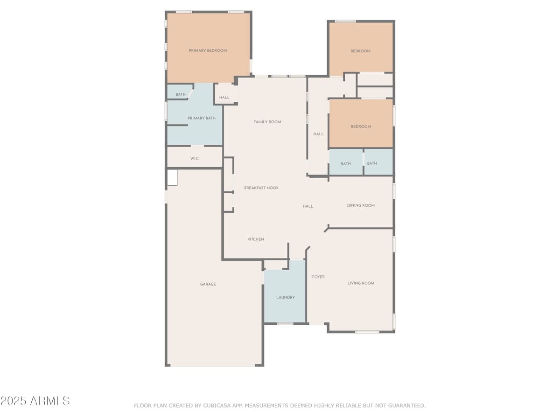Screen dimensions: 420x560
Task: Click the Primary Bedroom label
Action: click(x=208, y=50)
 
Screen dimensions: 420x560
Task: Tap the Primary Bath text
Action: click(x=202, y=118)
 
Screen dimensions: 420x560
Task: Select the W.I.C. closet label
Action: click(x=195, y=159)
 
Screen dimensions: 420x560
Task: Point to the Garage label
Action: click(x=208, y=284)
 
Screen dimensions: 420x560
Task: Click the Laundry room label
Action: click(x=285, y=297)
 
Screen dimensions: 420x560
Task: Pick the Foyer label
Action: click(x=318, y=277)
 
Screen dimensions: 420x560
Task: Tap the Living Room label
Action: click(x=361, y=283)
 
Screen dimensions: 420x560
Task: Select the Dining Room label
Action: click(x=361, y=205)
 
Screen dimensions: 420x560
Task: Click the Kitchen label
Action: click(x=256, y=239)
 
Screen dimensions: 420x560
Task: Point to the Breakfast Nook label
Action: click(x=261, y=188)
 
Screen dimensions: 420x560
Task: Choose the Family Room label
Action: click(x=267, y=122)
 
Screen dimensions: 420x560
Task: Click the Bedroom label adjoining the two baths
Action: click(x=361, y=126)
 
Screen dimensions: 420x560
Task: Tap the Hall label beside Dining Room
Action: click(x=308, y=206)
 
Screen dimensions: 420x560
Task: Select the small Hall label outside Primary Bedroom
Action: click(x=224, y=98)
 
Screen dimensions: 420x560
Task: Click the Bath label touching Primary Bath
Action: click(x=181, y=95)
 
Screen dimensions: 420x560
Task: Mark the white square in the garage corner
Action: click(x=172, y=178)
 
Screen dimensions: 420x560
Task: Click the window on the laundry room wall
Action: click(x=285, y=323)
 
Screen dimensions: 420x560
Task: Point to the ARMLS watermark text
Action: click(x=35, y=401)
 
